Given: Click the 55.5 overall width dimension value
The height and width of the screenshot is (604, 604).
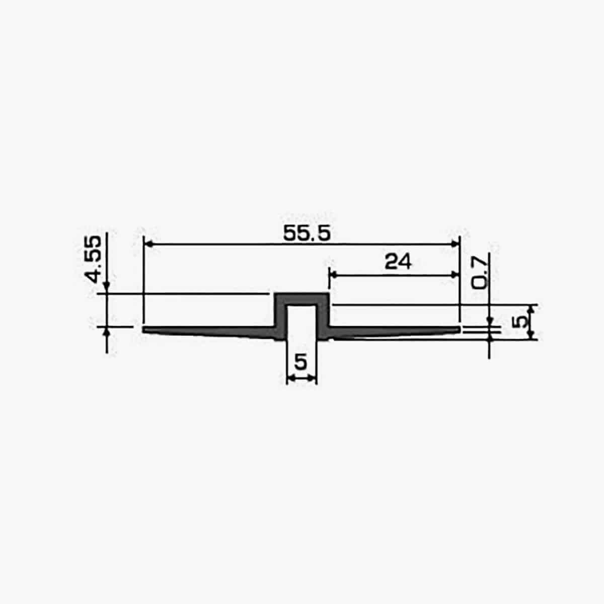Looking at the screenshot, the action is click(x=307, y=234).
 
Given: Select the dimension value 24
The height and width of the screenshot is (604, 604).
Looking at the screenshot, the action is click(x=398, y=262).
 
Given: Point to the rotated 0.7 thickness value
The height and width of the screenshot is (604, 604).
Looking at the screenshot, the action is click(x=480, y=272).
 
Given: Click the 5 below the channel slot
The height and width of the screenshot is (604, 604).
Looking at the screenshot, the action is click(x=300, y=362).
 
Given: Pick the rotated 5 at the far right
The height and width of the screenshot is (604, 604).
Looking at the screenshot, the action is click(x=519, y=322).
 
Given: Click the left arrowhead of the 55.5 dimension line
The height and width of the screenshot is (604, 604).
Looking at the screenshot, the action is click(x=148, y=244).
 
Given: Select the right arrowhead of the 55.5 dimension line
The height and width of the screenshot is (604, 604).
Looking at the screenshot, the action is click(x=455, y=244).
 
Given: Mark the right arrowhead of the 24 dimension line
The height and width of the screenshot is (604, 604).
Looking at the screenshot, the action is click(x=455, y=275).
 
